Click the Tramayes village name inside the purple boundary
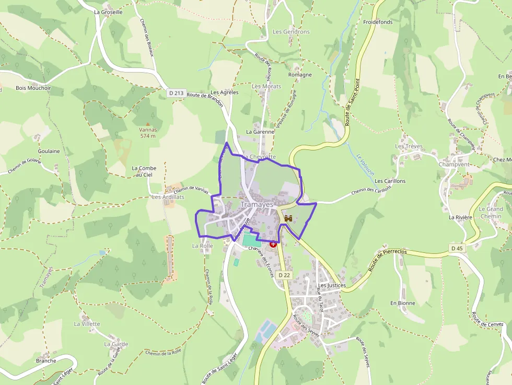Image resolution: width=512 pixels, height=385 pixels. click(x=257, y=205)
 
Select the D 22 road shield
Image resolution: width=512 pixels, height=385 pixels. click(x=284, y=275)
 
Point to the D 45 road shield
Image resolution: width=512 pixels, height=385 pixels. click(x=457, y=248)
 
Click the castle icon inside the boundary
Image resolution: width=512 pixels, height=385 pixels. click(x=287, y=219)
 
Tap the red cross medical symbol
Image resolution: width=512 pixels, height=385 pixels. click(x=273, y=244)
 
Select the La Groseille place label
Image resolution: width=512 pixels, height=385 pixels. click(x=108, y=11)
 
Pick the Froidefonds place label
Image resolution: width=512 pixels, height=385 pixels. click(x=378, y=22)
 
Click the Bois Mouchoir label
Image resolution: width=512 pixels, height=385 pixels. click(x=33, y=88)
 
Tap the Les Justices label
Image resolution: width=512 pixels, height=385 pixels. click(x=332, y=286)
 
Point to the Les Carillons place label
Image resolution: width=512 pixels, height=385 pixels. click(x=390, y=181)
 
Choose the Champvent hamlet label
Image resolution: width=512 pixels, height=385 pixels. click(x=454, y=164)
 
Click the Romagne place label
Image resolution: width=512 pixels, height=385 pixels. click(x=300, y=75)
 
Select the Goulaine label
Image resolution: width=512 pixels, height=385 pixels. click(x=49, y=151)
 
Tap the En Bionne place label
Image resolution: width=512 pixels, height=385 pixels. click(x=403, y=303)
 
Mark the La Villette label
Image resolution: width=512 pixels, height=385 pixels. click(x=87, y=324)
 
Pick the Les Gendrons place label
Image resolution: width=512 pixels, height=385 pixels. click(x=291, y=32)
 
